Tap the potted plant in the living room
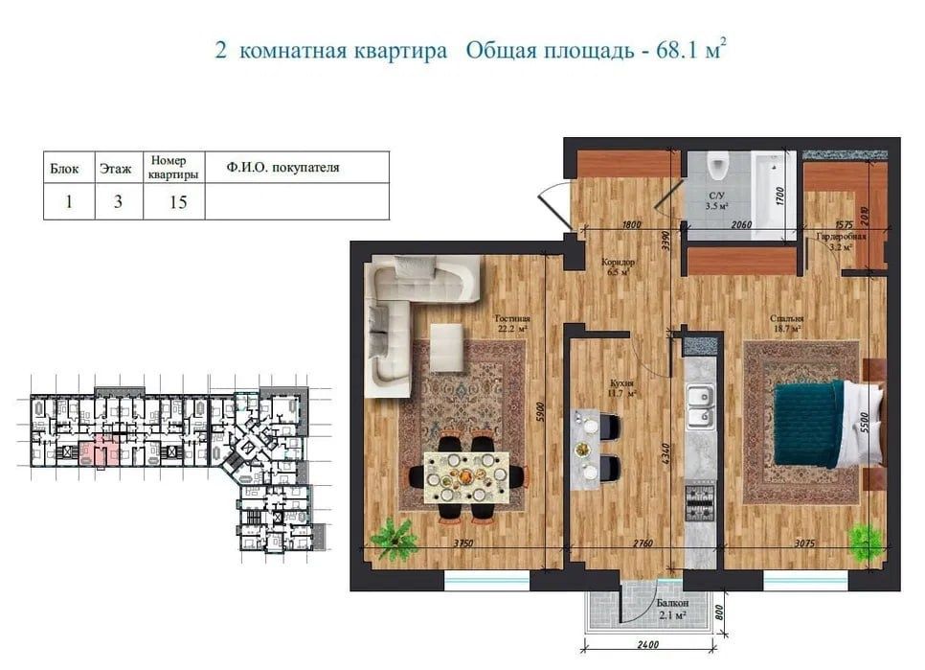click(394, 538)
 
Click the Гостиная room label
click(512, 320)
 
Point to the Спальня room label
click(790, 320)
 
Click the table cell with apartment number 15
click(173, 202)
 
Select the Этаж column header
click(117, 168)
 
